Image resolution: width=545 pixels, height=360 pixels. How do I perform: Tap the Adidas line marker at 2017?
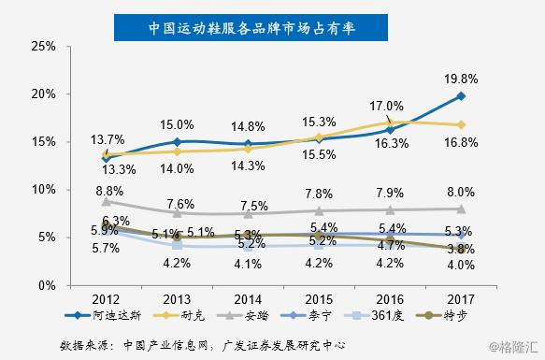click(x=462, y=96)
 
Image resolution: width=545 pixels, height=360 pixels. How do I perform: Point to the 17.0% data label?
click(x=388, y=106)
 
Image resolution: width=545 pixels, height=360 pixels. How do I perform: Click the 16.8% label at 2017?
click(x=464, y=142)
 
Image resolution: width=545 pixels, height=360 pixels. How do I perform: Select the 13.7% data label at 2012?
click(x=106, y=138)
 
